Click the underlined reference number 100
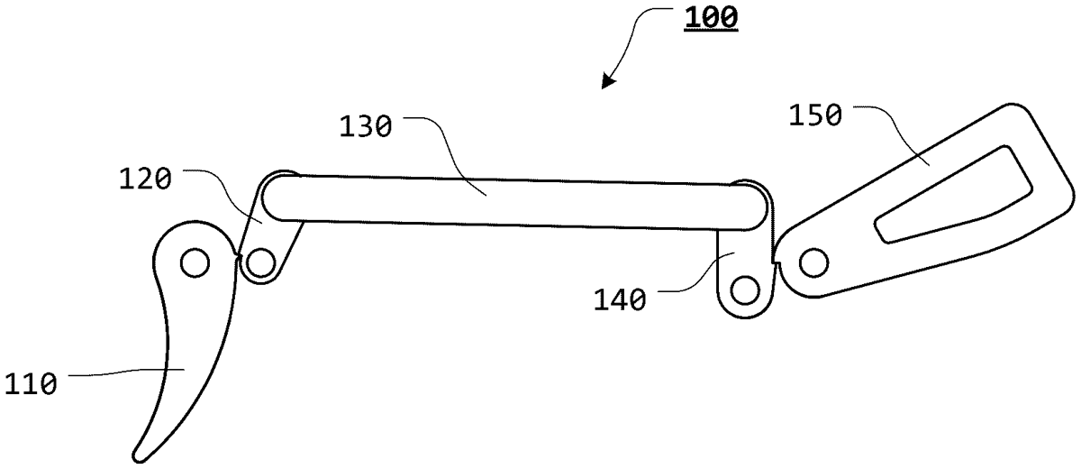711,18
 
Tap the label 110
31,385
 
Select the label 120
145,179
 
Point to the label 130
366,127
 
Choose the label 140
620,300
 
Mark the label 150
815,115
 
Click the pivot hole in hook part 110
195,262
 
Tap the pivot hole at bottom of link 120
260,263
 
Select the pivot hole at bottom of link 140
746,290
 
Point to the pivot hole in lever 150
814,263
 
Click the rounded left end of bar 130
262,198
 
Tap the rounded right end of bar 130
767,207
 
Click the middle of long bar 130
514,202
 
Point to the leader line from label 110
126,372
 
